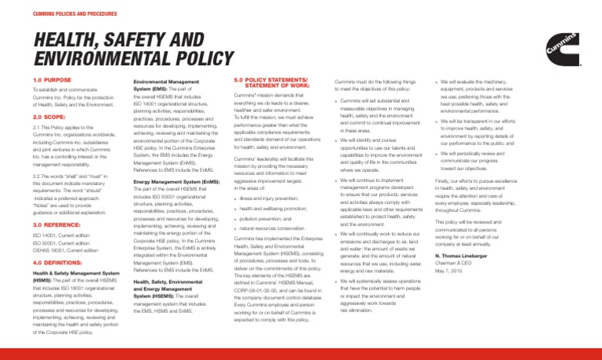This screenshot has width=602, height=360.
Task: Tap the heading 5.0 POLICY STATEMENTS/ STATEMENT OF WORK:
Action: coord(267,82)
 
